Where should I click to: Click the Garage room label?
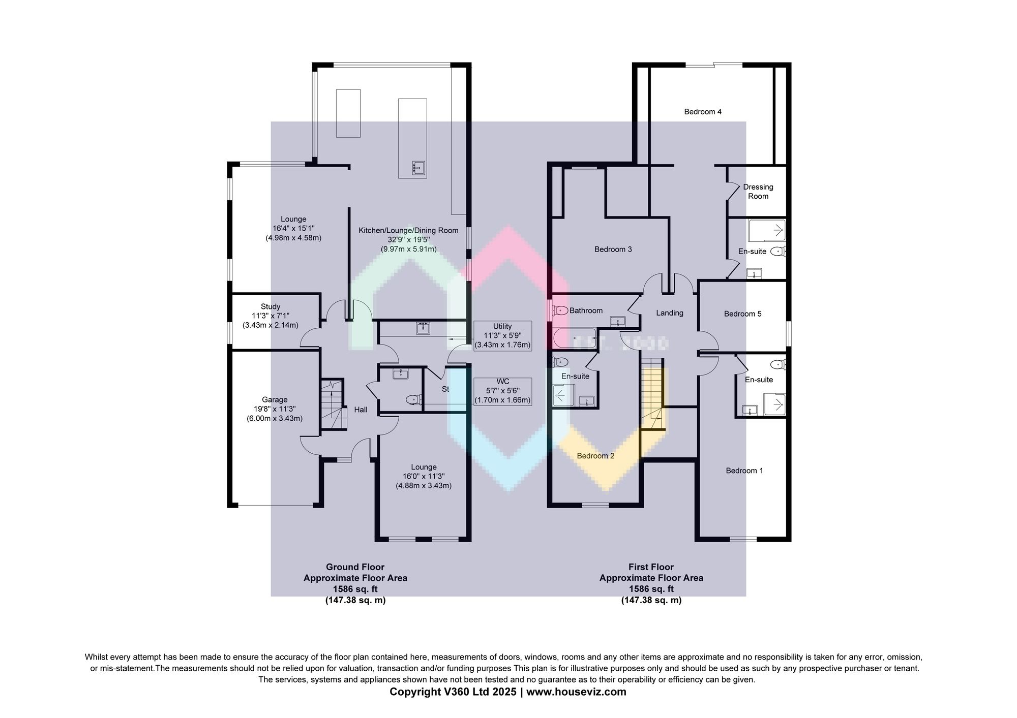(x=275, y=399)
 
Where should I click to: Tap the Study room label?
(x=271, y=306)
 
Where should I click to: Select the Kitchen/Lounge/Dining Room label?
(x=408, y=230)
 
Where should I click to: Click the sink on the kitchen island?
(x=419, y=167)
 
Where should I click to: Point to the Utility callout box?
(x=502, y=335)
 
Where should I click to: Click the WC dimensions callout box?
(x=502, y=391)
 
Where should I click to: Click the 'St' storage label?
(x=445, y=389)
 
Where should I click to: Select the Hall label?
(x=361, y=410)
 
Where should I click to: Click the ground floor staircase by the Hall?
(x=333, y=405)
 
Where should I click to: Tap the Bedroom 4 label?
(x=703, y=112)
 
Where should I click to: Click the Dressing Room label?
(x=758, y=192)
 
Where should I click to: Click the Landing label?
(x=669, y=313)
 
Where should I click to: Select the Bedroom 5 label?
(x=742, y=314)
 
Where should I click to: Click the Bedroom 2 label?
(x=595, y=456)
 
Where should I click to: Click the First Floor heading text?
(x=651, y=567)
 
